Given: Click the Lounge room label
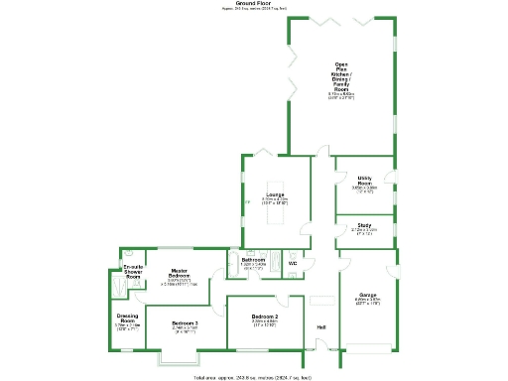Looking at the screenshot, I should [275, 194].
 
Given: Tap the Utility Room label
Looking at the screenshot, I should [365, 182].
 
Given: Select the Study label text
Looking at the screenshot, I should [365, 225].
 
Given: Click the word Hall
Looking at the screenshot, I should [321, 327].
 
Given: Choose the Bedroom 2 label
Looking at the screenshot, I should [264, 317].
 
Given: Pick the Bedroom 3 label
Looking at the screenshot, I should [185, 323].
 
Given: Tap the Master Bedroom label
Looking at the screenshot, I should [180, 274].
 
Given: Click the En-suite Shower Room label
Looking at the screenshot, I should [133, 272].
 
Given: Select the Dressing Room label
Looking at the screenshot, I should [127, 319].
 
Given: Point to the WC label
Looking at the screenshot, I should [293, 264].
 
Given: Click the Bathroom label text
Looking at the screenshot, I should [254, 260].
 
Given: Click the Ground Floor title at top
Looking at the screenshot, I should [253, 4].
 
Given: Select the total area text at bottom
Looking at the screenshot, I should [253, 377].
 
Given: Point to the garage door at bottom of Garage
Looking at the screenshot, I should [367, 347].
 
